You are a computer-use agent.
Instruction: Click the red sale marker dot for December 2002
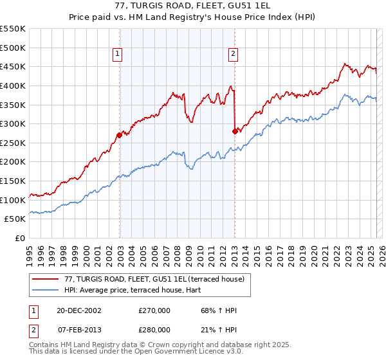[120, 135]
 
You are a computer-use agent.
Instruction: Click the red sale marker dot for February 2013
[235, 131]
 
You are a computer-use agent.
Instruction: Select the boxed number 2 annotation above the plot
[232, 55]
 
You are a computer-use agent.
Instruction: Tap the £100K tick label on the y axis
[13, 200]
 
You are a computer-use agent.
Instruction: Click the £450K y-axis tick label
[13, 66]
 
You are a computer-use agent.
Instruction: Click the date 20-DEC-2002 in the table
[79, 310]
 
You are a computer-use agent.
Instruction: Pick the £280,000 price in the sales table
[154, 329]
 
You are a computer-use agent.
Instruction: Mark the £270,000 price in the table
[154, 310]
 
